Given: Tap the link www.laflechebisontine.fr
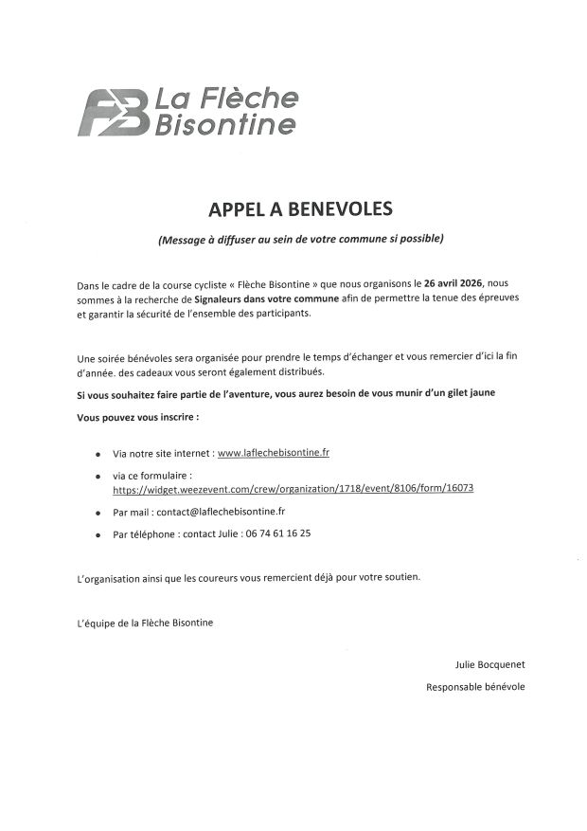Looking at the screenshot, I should click(274, 454).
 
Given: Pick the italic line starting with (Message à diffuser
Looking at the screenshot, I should click(300, 239).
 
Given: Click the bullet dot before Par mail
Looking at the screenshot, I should click(98, 513).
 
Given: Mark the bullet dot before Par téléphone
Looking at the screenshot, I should click(98, 535).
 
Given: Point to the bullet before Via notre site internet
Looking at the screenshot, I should click(98, 456).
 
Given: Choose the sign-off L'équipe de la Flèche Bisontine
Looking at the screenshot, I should click(145, 623).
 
